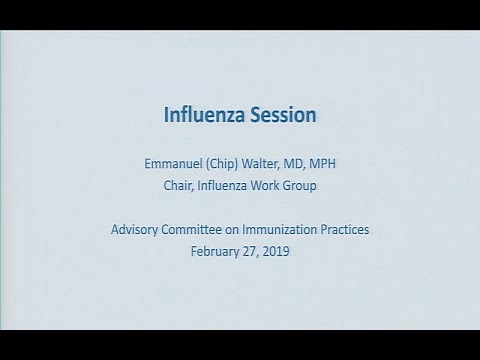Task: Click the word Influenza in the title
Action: [200, 115]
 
